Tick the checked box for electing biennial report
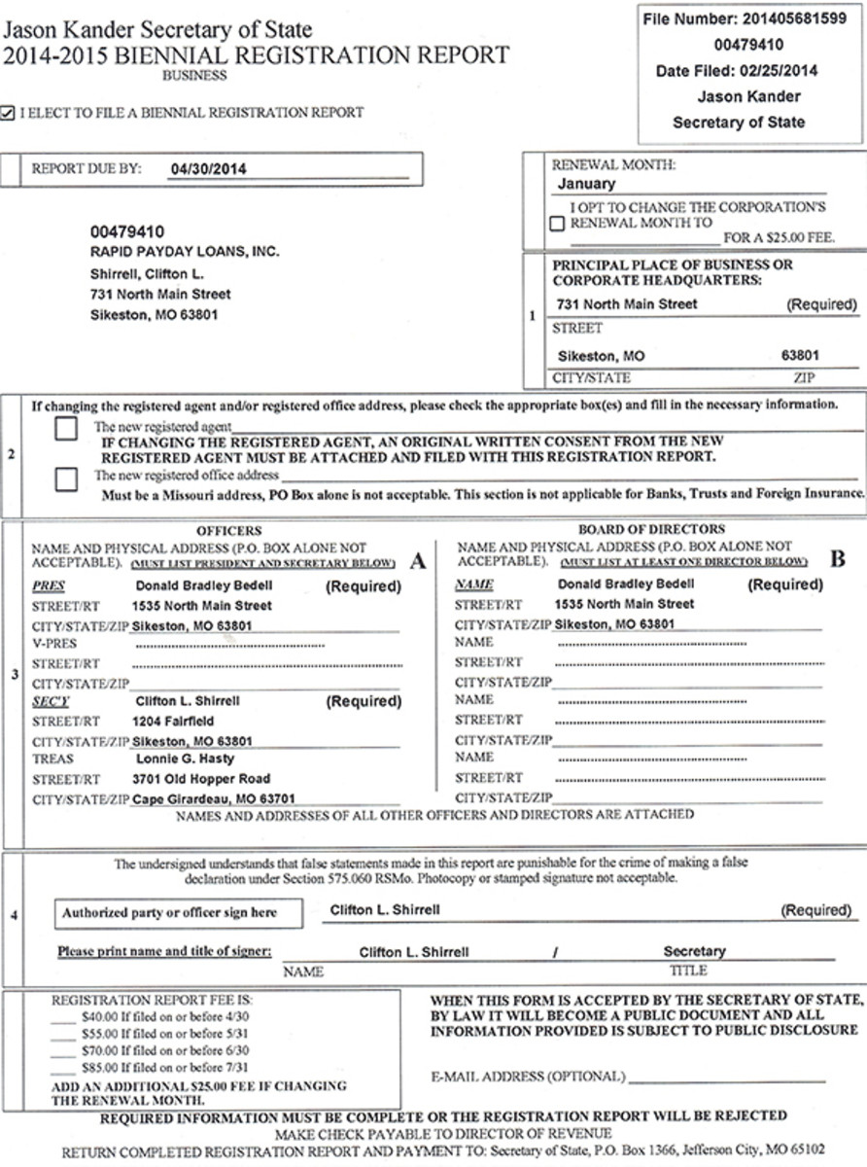click(8, 113)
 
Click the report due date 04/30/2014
click(207, 168)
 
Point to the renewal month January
click(586, 183)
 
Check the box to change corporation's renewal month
click(557, 223)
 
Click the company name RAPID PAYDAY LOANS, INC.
click(185, 252)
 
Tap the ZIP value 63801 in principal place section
click(800, 356)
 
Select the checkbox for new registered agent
click(67, 429)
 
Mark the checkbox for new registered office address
click(67, 477)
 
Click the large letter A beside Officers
click(419, 560)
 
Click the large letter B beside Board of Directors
click(837, 559)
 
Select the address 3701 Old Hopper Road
click(201, 779)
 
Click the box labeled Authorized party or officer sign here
click(169, 912)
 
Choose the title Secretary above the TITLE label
click(694, 951)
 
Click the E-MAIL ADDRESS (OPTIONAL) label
click(527, 1077)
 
